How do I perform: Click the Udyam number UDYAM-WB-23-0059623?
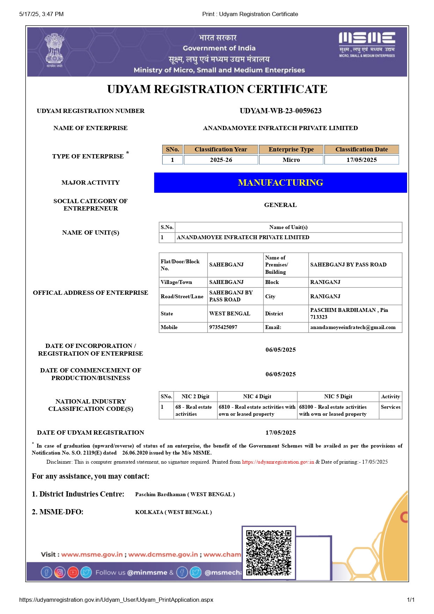point(280,111)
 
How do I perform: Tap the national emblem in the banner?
point(54,50)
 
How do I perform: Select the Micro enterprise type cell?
point(291,160)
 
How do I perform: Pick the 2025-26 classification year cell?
point(221,160)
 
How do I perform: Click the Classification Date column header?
point(361,149)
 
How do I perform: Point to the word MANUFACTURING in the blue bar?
point(280,183)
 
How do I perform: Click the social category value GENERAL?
point(280,205)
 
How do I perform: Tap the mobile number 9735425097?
point(223,327)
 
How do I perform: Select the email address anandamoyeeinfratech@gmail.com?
point(353,327)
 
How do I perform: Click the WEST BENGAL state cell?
point(230,314)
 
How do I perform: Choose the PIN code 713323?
point(319,317)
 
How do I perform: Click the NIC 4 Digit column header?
point(257,397)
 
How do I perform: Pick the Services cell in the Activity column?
point(390,407)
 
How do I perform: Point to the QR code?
point(268,552)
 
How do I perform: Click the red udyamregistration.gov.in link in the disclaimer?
point(278,462)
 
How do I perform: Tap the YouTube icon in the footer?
point(73,572)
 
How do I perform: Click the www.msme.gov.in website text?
point(92,555)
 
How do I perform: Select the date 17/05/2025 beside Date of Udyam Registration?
point(280,433)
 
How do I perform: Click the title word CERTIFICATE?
point(287,89)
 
